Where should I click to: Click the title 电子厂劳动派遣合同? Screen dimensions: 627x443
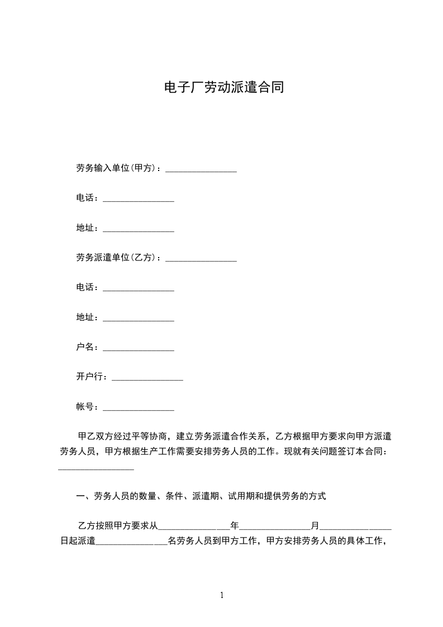pyautogui.click(x=222, y=88)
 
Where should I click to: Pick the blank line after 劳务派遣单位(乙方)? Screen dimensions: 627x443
pyautogui.click(x=201, y=259)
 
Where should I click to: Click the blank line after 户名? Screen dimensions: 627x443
pyautogui.click(x=139, y=349)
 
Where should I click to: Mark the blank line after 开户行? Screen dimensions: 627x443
pyautogui.click(x=147, y=379)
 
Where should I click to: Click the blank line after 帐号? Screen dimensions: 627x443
pyautogui.click(x=139, y=409)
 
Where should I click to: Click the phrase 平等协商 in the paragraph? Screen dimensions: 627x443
pyautogui.click(x=148, y=436)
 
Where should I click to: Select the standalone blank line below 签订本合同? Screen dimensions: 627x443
pyautogui.click(x=96, y=469)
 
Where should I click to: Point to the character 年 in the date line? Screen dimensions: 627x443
pyautogui.click(x=235, y=526)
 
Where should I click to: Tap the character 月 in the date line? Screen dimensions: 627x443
pyautogui.click(x=315, y=526)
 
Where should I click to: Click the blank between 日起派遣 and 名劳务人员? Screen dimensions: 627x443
pyautogui.click(x=132, y=542)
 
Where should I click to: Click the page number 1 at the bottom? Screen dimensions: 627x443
pyautogui.click(x=222, y=595)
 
